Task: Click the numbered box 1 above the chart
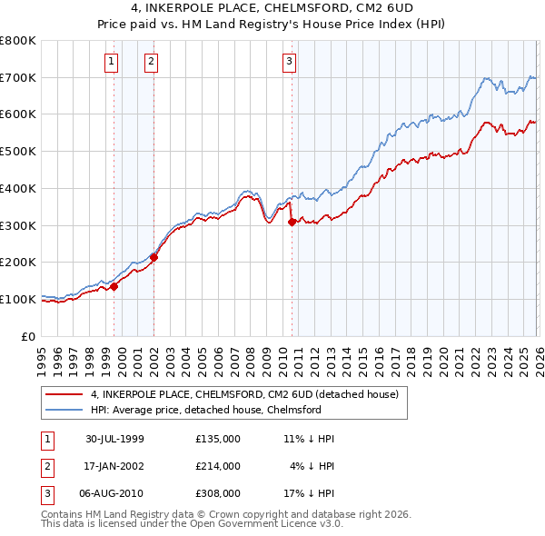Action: coord(111,62)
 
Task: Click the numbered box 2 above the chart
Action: coord(150,62)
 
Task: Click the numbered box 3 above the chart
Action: coord(289,62)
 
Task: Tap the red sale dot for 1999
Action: coord(114,286)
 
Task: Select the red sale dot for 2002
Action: coord(154,257)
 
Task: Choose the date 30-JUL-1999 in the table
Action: coord(114,438)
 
